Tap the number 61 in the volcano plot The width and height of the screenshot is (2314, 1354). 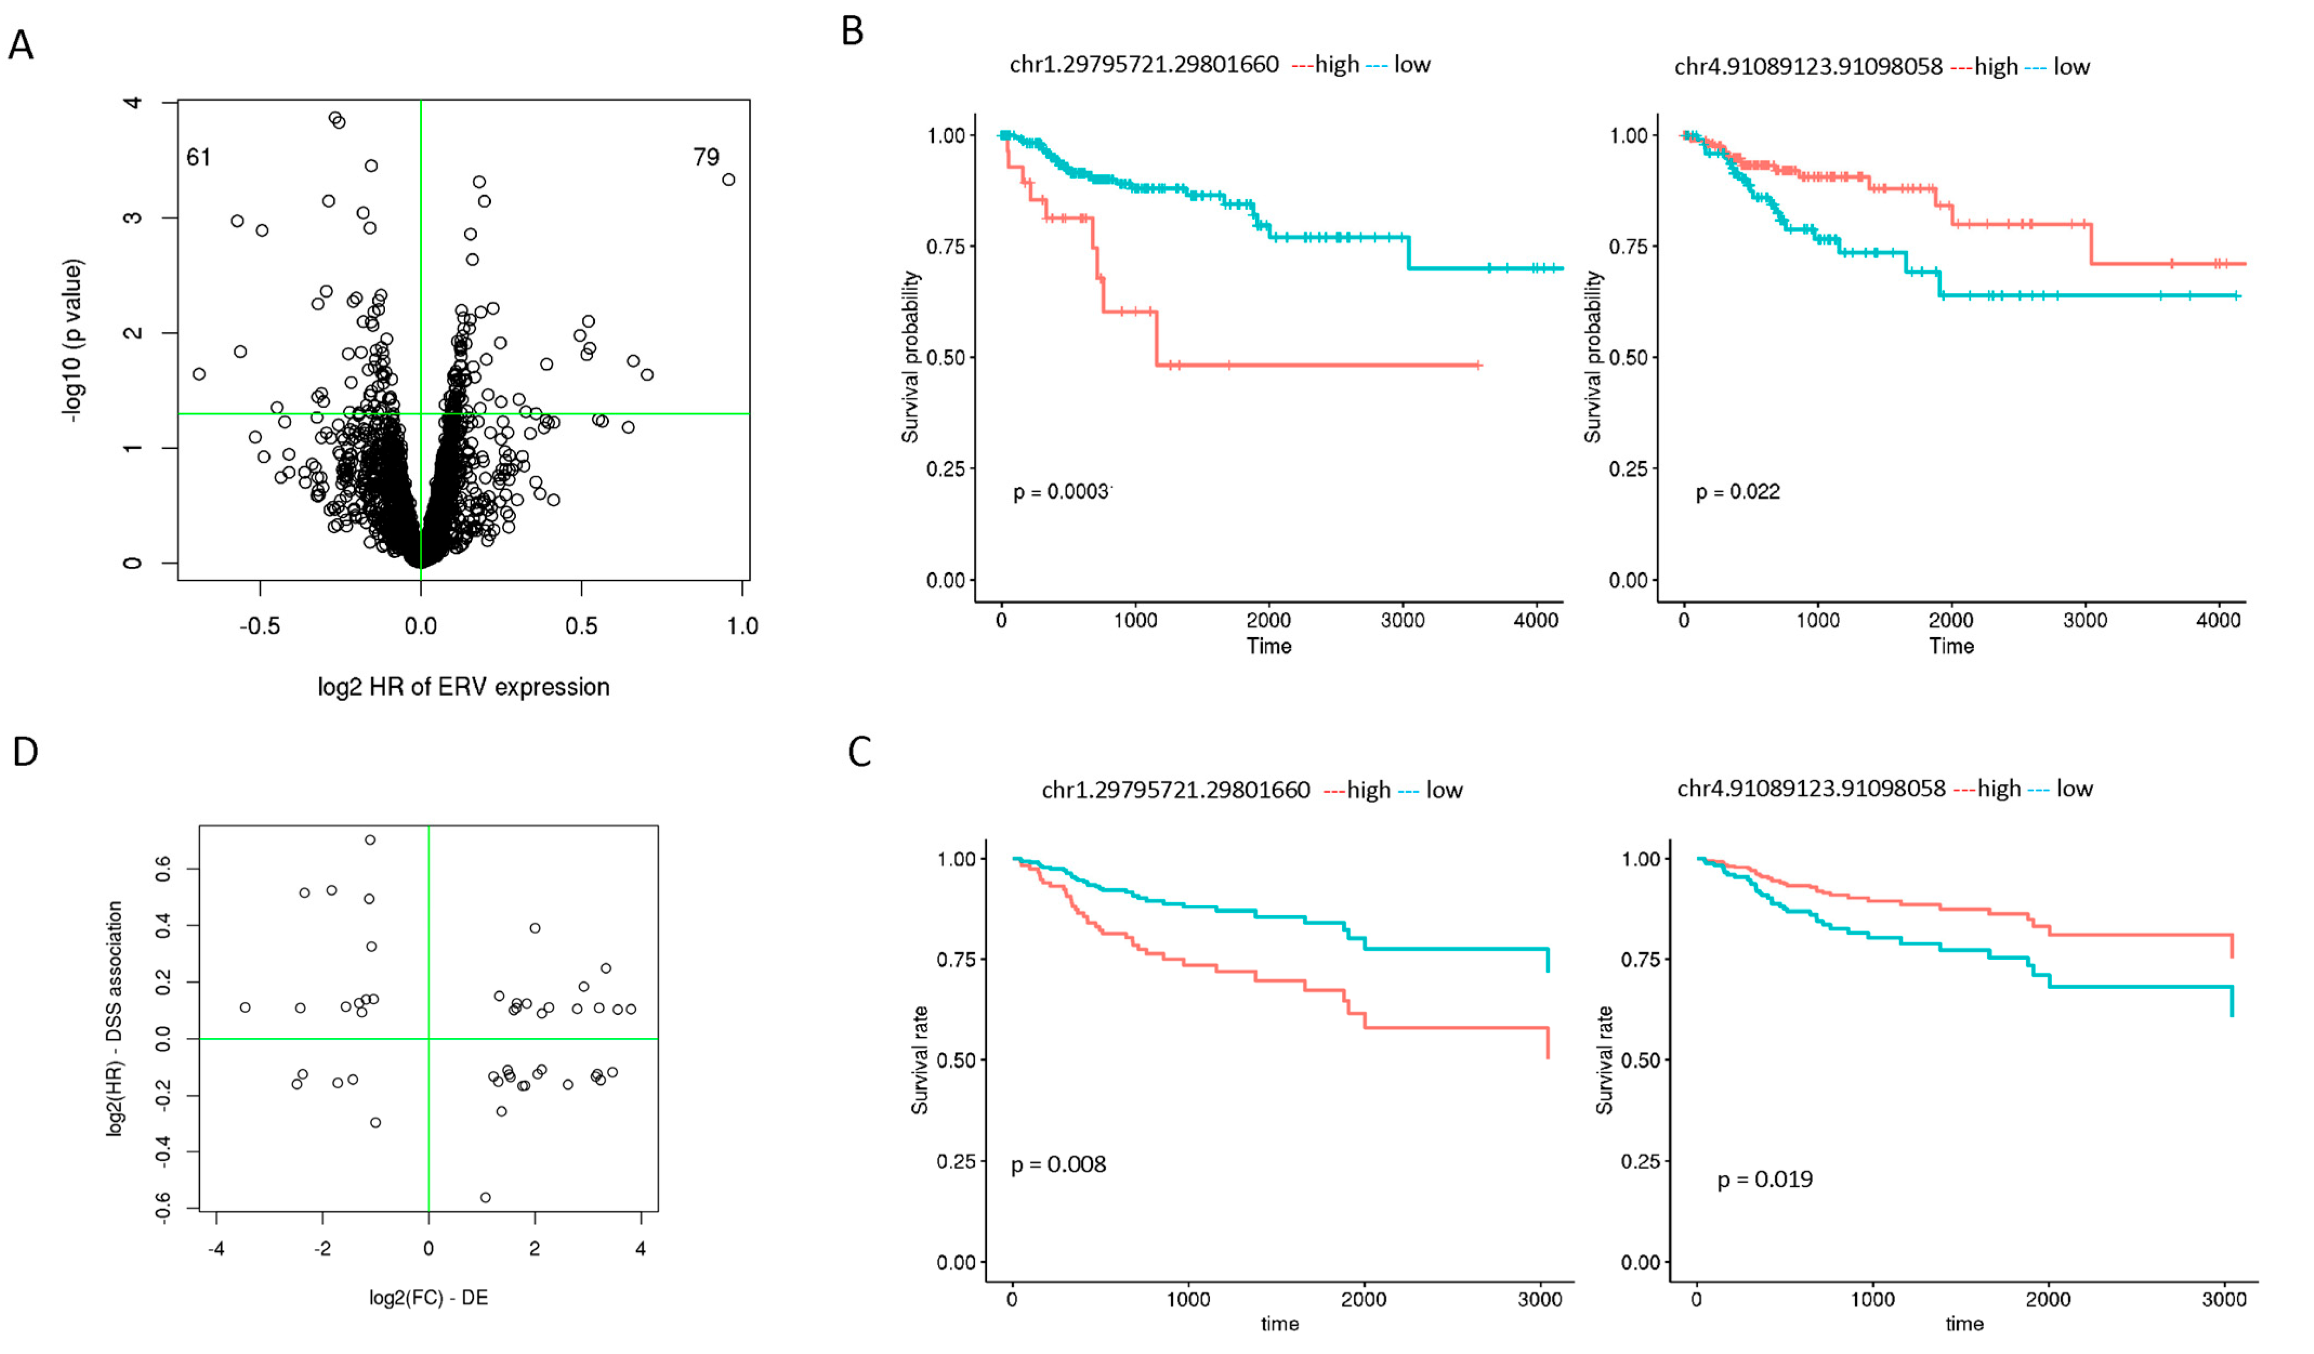(x=199, y=158)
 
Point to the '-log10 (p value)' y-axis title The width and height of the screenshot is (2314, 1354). (x=74, y=341)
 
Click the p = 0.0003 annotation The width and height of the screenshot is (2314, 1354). (x=1060, y=492)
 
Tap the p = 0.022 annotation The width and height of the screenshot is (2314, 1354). (x=1737, y=492)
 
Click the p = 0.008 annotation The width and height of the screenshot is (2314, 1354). (x=1058, y=1165)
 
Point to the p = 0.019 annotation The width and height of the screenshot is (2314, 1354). (x=1765, y=1180)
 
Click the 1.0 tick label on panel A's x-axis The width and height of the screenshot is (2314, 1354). (x=742, y=626)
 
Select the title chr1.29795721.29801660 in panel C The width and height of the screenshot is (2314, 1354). (x=1175, y=790)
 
